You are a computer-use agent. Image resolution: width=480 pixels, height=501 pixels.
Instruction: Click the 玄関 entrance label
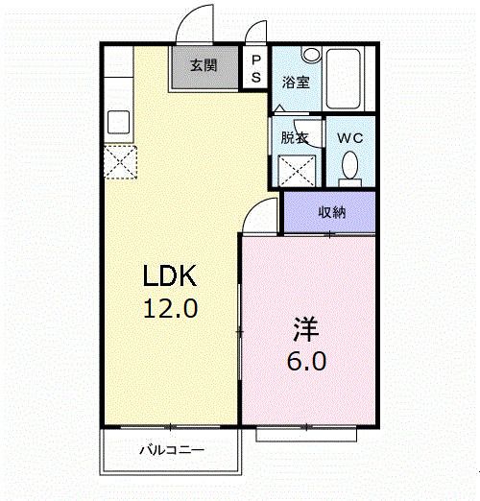(203, 66)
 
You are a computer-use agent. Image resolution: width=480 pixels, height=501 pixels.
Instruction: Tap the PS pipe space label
(255, 67)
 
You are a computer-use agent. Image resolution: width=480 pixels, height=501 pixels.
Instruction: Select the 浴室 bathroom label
(295, 83)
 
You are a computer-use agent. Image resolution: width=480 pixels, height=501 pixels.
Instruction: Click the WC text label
(349, 137)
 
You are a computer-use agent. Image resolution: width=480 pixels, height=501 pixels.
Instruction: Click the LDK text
(170, 276)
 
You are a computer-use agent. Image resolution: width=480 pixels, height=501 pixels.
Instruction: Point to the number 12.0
(170, 309)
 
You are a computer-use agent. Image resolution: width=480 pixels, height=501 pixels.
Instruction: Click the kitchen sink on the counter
(119, 123)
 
